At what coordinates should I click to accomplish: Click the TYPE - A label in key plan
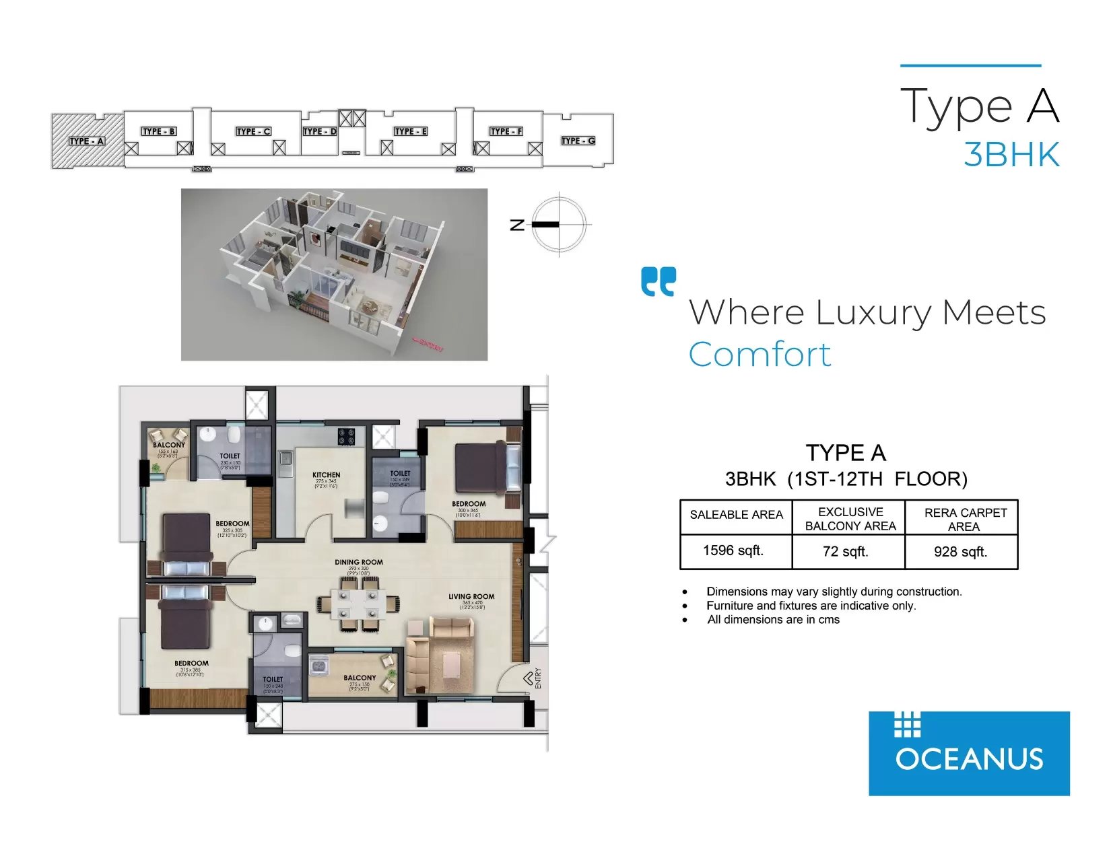[x=87, y=141]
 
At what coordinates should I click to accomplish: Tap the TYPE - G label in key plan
[x=578, y=141]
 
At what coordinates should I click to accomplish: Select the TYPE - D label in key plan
[x=319, y=131]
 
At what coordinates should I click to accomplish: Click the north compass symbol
[x=559, y=225]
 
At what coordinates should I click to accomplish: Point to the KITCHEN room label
[x=327, y=475]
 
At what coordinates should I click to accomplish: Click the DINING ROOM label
[x=359, y=562]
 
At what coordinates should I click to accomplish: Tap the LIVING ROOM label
[x=471, y=597]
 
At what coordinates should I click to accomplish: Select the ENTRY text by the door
[x=538, y=678]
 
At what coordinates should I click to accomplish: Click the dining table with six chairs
[x=358, y=604]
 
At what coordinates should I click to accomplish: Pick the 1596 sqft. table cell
[x=733, y=551]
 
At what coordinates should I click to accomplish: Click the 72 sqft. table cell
[x=846, y=552]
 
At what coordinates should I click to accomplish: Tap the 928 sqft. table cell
[x=961, y=552]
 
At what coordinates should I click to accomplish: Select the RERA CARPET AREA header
[x=965, y=520]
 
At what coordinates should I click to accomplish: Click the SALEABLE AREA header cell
[x=736, y=515]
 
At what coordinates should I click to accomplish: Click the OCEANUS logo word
[x=969, y=760]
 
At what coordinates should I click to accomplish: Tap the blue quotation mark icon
[x=659, y=281]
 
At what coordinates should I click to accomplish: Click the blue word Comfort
[x=760, y=355]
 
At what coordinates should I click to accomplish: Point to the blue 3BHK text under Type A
[x=1011, y=155]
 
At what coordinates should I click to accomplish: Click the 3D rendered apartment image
[x=334, y=275]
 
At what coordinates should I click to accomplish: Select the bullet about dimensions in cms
[x=773, y=620]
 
